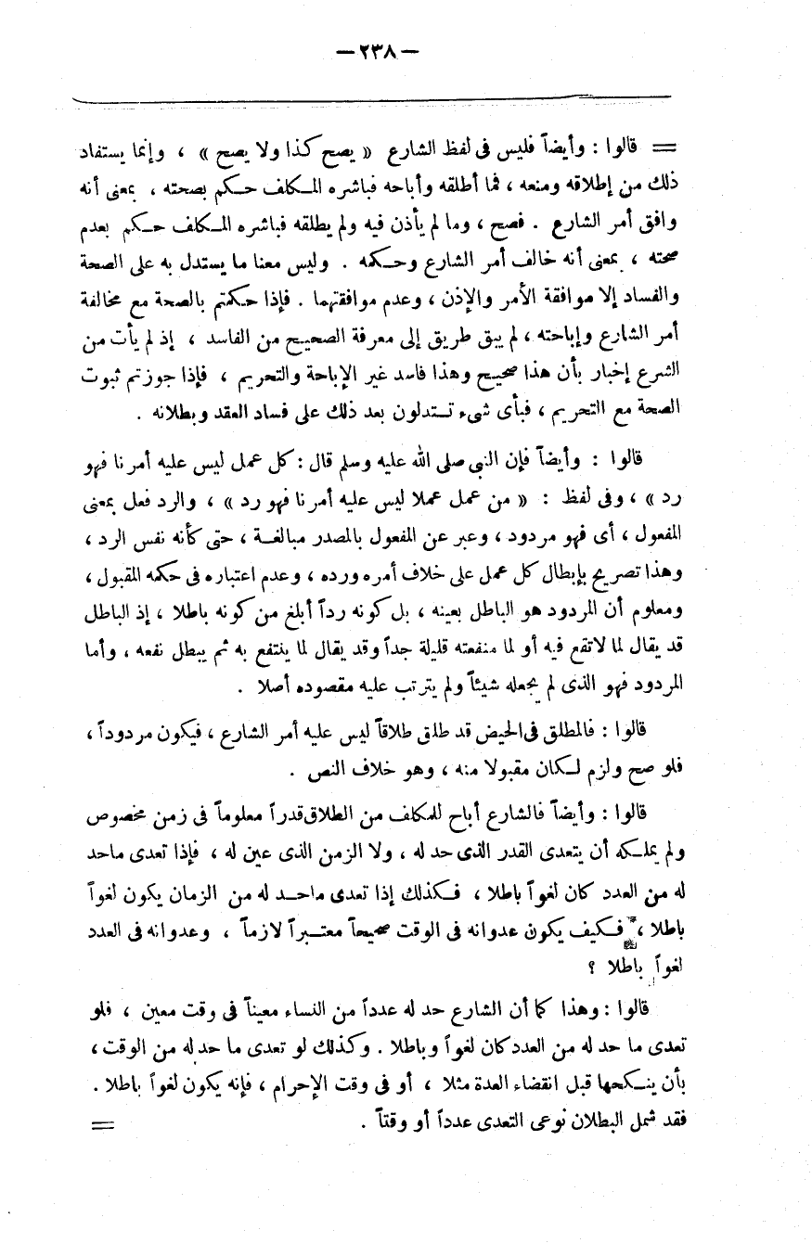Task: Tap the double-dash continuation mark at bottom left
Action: tap(100, 1127)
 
